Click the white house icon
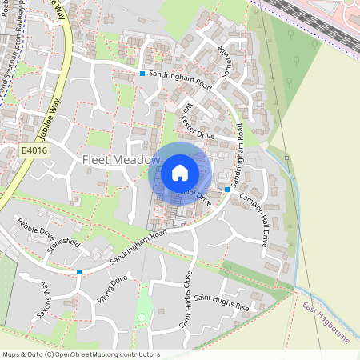click(x=179, y=172)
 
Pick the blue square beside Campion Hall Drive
click(x=227, y=190)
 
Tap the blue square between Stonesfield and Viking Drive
click(x=78, y=272)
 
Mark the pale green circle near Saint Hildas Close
click(x=142, y=317)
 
